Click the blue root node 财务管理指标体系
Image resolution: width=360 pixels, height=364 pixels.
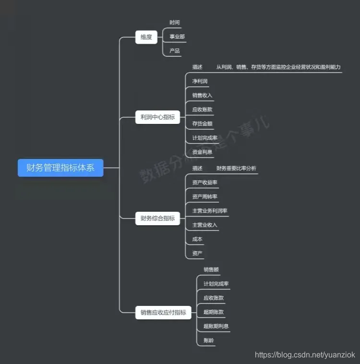[60, 168]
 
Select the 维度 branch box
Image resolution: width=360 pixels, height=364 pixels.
[146, 37]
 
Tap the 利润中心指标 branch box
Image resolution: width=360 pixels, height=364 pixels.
[157, 117]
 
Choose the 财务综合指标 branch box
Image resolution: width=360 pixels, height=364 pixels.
[157, 218]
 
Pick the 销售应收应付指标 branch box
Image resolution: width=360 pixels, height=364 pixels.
[163, 313]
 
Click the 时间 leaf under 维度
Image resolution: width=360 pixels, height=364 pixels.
[175, 23]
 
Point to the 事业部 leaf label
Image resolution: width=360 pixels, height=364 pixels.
[177, 36]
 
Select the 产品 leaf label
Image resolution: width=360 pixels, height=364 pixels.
[175, 50]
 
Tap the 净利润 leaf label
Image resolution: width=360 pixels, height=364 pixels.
[200, 81]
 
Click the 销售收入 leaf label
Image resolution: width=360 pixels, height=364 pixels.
[202, 95]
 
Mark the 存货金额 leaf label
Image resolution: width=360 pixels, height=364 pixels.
[202, 123]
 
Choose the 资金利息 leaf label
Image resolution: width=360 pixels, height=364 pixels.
[202, 152]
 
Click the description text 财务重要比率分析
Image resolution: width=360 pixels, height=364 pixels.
[236, 169]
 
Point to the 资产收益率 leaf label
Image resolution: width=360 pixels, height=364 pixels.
[204, 182]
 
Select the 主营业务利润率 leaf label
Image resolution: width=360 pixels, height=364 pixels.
[210, 211]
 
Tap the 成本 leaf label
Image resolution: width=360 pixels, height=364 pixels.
[197, 239]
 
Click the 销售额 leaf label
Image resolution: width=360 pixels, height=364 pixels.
[211, 270]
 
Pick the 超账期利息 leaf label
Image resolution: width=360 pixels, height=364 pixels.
[216, 326]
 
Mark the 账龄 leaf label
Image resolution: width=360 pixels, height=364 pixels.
[209, 340]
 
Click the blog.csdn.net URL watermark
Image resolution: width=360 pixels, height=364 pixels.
[305, 355]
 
